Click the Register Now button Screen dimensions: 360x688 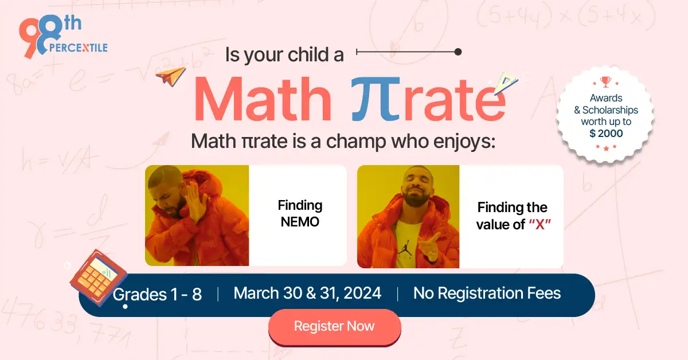click(x=334, y=327)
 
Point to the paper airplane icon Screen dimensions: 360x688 click(x=171, y=76)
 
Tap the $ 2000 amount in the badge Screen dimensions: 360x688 click(x=605, y=134)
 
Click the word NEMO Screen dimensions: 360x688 click(x=300, y=221)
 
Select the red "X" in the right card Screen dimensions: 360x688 click(x=539, y=225)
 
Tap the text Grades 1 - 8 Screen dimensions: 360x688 click(x=157, y=295)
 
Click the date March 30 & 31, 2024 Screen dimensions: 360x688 click(x=307, y=294)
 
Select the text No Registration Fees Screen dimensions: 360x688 click(x=487, y=294)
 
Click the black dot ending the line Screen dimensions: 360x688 click(x=458, y=52)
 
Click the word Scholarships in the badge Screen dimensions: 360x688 click(x=610, y=110)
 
